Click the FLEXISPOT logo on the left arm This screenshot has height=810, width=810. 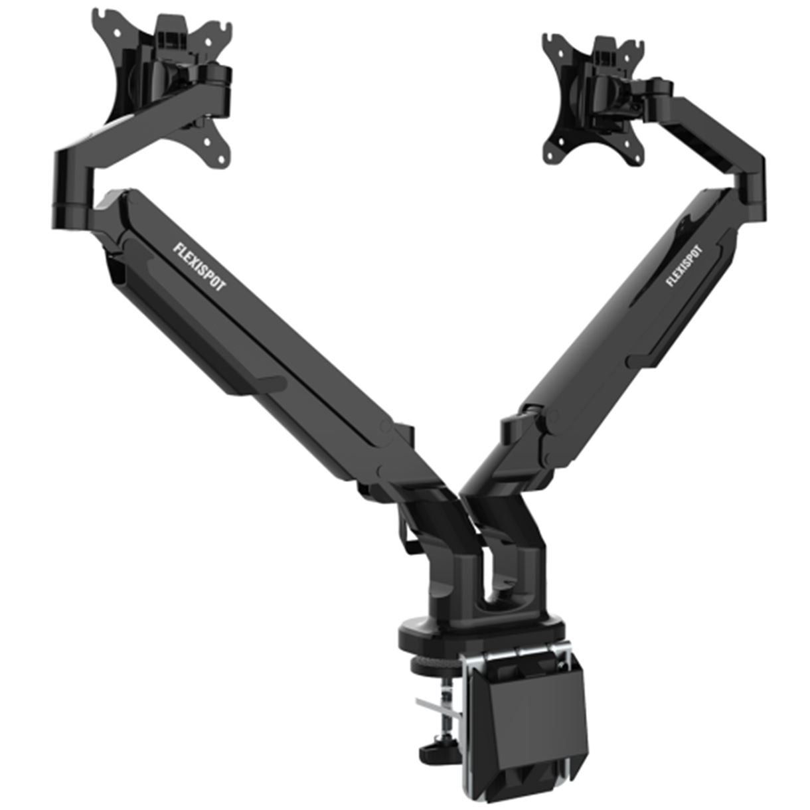pos(199,262)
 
